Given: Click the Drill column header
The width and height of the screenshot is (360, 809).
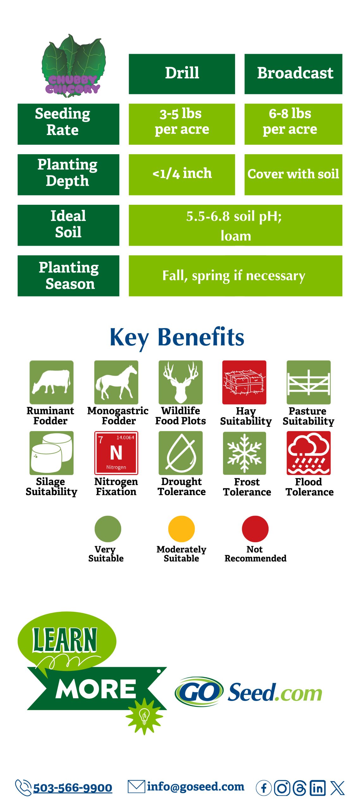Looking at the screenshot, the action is (x=182, y=74).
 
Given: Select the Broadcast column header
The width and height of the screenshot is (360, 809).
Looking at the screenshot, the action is (x=293, y=74).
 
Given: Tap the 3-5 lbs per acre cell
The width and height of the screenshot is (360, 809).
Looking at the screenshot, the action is (x=182, y=124).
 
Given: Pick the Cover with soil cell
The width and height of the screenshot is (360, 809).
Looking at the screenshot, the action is (x=293, y=174).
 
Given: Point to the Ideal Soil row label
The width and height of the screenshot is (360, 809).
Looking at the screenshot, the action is (x=68, y=225).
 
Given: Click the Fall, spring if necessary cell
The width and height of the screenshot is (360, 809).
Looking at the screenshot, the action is (x=235, y=276).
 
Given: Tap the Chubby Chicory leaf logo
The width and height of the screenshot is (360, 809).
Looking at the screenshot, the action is (x=73, y=66).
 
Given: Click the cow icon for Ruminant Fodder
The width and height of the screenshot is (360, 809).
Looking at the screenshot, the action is (x=51, y=382).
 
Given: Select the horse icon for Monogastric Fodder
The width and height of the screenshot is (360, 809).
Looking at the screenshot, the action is (x=116, y=382).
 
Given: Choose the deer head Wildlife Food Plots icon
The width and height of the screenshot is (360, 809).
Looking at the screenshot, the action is (x=180, y=382).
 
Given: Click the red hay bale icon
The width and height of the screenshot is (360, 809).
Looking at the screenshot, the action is (x=244, y=382).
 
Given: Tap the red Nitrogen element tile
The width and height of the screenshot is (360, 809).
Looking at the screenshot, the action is (x=116, y=453).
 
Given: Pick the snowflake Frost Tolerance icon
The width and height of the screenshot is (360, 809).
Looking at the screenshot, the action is (x=244, y=453).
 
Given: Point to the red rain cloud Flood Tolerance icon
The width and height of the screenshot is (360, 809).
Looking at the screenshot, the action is (x=308, y=453).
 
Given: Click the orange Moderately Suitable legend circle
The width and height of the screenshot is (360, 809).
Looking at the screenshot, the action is (x=181, y=529).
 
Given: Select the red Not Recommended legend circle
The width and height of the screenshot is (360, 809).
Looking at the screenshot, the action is (x=255, y=529).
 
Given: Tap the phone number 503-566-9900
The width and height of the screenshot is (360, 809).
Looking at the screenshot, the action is (x=72, y=788).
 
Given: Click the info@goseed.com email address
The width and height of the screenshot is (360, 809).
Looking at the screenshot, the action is (x=196, y=786).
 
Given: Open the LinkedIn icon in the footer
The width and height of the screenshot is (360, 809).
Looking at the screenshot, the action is (x=317, y=788).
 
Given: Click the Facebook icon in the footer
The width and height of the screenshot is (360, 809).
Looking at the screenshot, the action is (x=264, y=788).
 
